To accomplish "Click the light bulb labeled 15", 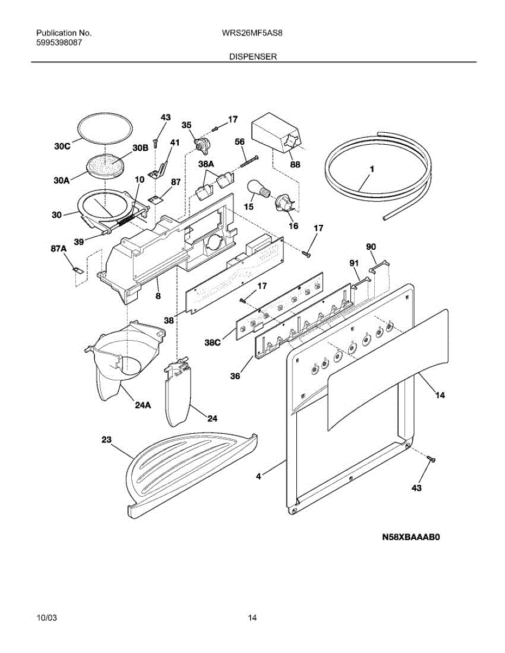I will pos(257,189).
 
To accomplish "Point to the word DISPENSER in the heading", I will pos(253,57).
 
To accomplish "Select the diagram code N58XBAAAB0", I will pos(410,538).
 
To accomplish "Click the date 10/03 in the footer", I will pos(46,618).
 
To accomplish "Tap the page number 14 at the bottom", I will pos(252,618).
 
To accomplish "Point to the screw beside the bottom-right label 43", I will pos(431,460).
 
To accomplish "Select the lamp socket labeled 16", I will pos(285,204).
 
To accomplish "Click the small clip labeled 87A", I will pos(78,270).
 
